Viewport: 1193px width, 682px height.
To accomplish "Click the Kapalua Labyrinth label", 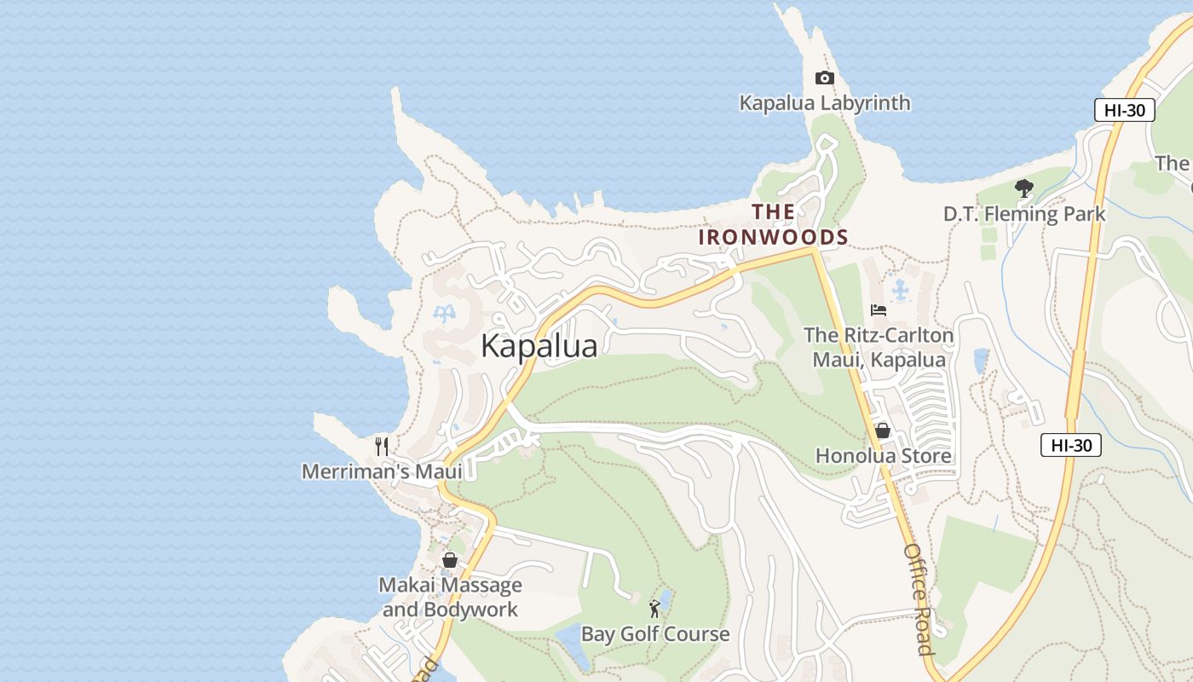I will (824, 103).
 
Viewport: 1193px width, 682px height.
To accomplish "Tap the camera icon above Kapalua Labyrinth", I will (824, 78).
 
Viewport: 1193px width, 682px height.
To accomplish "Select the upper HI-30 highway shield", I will (1124, 110).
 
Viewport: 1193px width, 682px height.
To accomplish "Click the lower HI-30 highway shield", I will (1070, 445).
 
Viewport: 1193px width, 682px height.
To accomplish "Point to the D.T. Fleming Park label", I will (1023, 214).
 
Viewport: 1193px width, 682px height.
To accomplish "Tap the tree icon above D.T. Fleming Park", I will (1024, 188).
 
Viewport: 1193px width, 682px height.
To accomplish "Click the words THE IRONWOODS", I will (773, 225).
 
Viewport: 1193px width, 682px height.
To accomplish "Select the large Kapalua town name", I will (539, 346).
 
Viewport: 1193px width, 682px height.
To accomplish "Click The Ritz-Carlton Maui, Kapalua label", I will (879, 348).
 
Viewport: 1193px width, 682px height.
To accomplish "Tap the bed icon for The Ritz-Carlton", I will (879, 310).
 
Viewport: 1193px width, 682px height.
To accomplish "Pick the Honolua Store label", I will (883, 456).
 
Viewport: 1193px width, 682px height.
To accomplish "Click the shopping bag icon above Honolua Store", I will (883, 431).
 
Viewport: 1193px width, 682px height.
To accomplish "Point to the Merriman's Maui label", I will (382, 471).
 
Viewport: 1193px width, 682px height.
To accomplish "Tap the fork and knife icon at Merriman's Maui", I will (382, 446).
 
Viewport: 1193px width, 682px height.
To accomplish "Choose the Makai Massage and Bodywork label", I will (450, 598).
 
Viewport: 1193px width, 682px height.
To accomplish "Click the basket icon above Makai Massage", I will (450, 560).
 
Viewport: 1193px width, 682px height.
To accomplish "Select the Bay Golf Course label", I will (654, 634).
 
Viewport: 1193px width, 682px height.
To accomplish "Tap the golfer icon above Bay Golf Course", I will (654, 609).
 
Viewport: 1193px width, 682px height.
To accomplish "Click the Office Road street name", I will (919, 598).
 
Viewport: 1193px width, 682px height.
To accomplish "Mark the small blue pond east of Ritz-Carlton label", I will (981, 361).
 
